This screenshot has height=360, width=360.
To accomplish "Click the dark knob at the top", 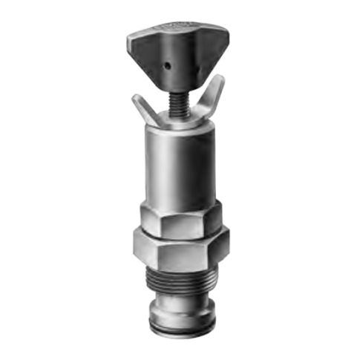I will click(177, 52).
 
